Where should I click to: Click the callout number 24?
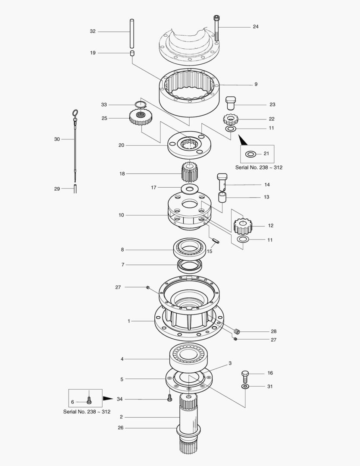[256, 27]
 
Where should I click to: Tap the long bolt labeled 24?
[216, 28]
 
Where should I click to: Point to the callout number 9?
[256, 84]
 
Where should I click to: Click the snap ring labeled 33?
[140, 104]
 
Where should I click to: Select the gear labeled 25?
[139, 117]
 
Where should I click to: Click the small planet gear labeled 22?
[231, 119]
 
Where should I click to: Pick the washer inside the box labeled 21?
[250, 154]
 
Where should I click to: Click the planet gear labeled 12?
[242, 225]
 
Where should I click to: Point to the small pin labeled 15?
[215, 240]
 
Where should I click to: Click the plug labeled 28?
[237, 331]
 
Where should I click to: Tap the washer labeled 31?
[245, 387]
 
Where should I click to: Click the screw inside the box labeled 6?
[89, 400]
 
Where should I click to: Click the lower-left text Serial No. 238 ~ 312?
[87, 412]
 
